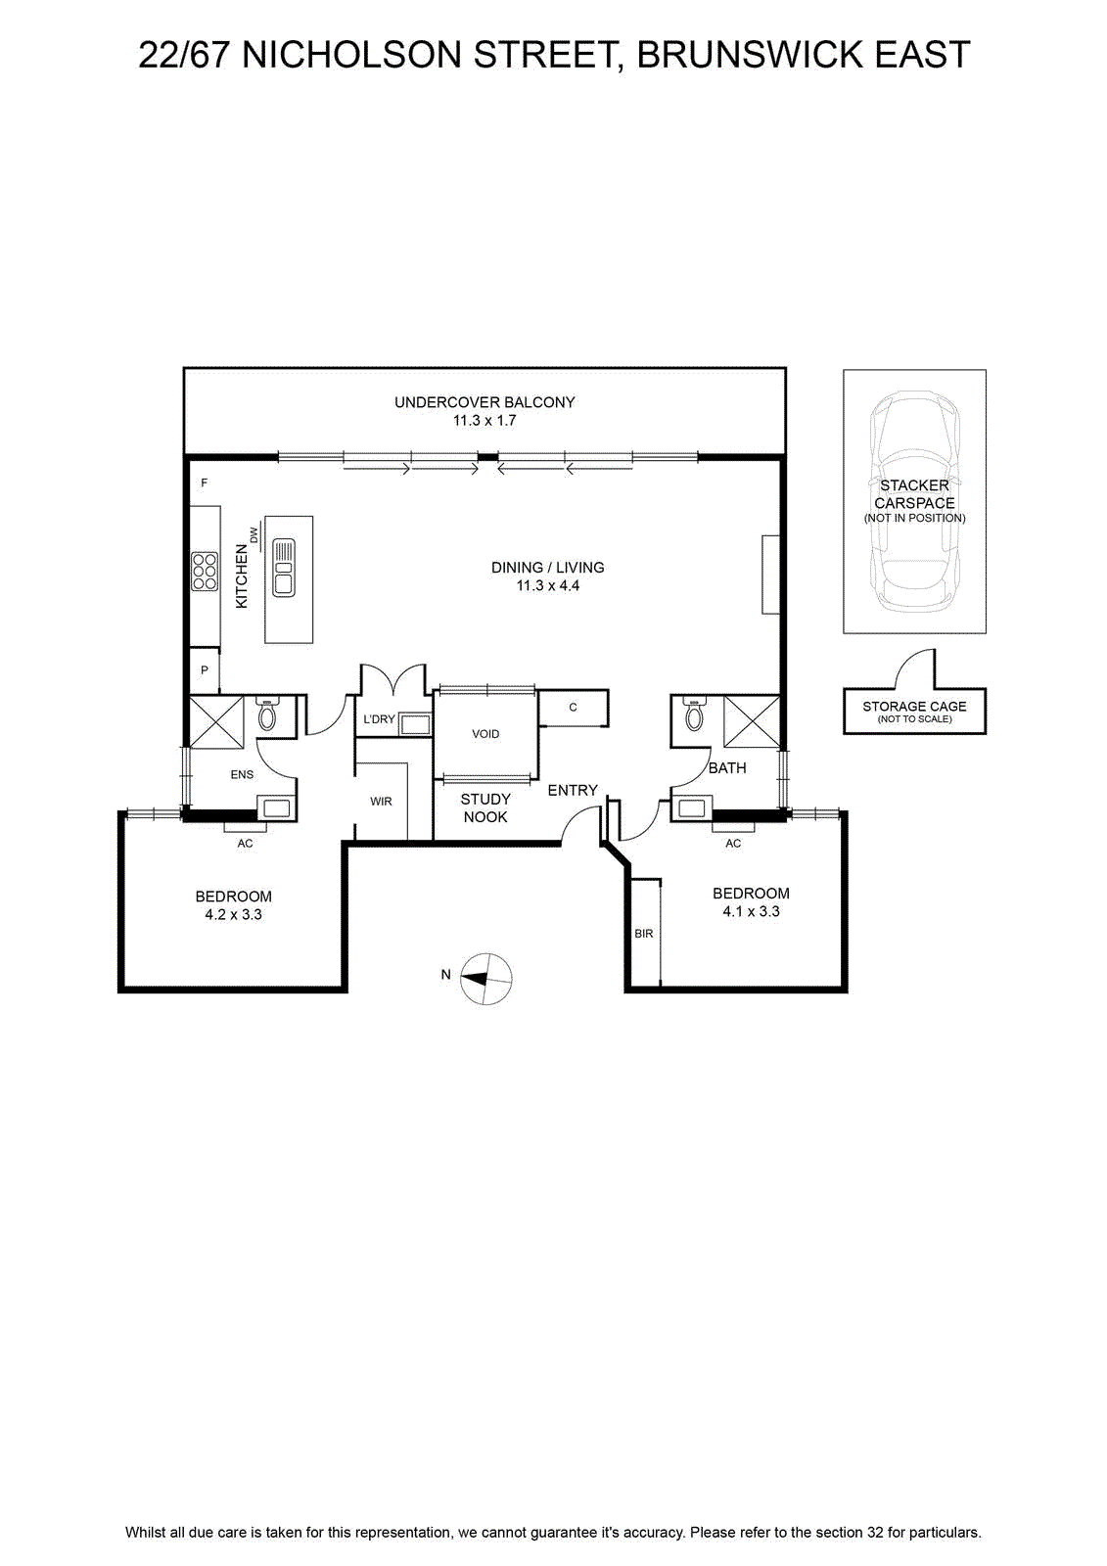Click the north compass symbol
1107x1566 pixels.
click(x=486, y=979)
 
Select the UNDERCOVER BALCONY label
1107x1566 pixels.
click(x=484, y=402)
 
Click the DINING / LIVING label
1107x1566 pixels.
click(x=547, y=568)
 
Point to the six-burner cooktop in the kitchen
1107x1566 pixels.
click(x=205, y=572)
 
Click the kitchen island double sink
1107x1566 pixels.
click(x=284, y=568)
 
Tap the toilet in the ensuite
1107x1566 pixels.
click(x=267, y=714)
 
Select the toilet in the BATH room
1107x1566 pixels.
click(x=694, y=714)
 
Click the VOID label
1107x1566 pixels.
click(x=485, y=734)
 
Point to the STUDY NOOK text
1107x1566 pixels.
click(x=485, y=808)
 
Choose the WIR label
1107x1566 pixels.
click(x=381, y=802)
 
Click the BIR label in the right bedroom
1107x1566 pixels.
click(x=643, y=934)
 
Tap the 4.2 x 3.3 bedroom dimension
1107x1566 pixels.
click(x=234, y=914)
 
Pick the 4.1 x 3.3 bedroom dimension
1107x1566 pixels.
click(x=751, y=911)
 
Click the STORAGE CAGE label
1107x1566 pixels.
click(x=915, y=707)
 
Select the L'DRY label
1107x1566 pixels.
click(x=379, y=718)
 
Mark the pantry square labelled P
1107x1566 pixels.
click(x=205, y=670)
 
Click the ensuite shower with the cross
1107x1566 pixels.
click(x=216, y=722)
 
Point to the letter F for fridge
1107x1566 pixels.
click(x=205, y=484)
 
